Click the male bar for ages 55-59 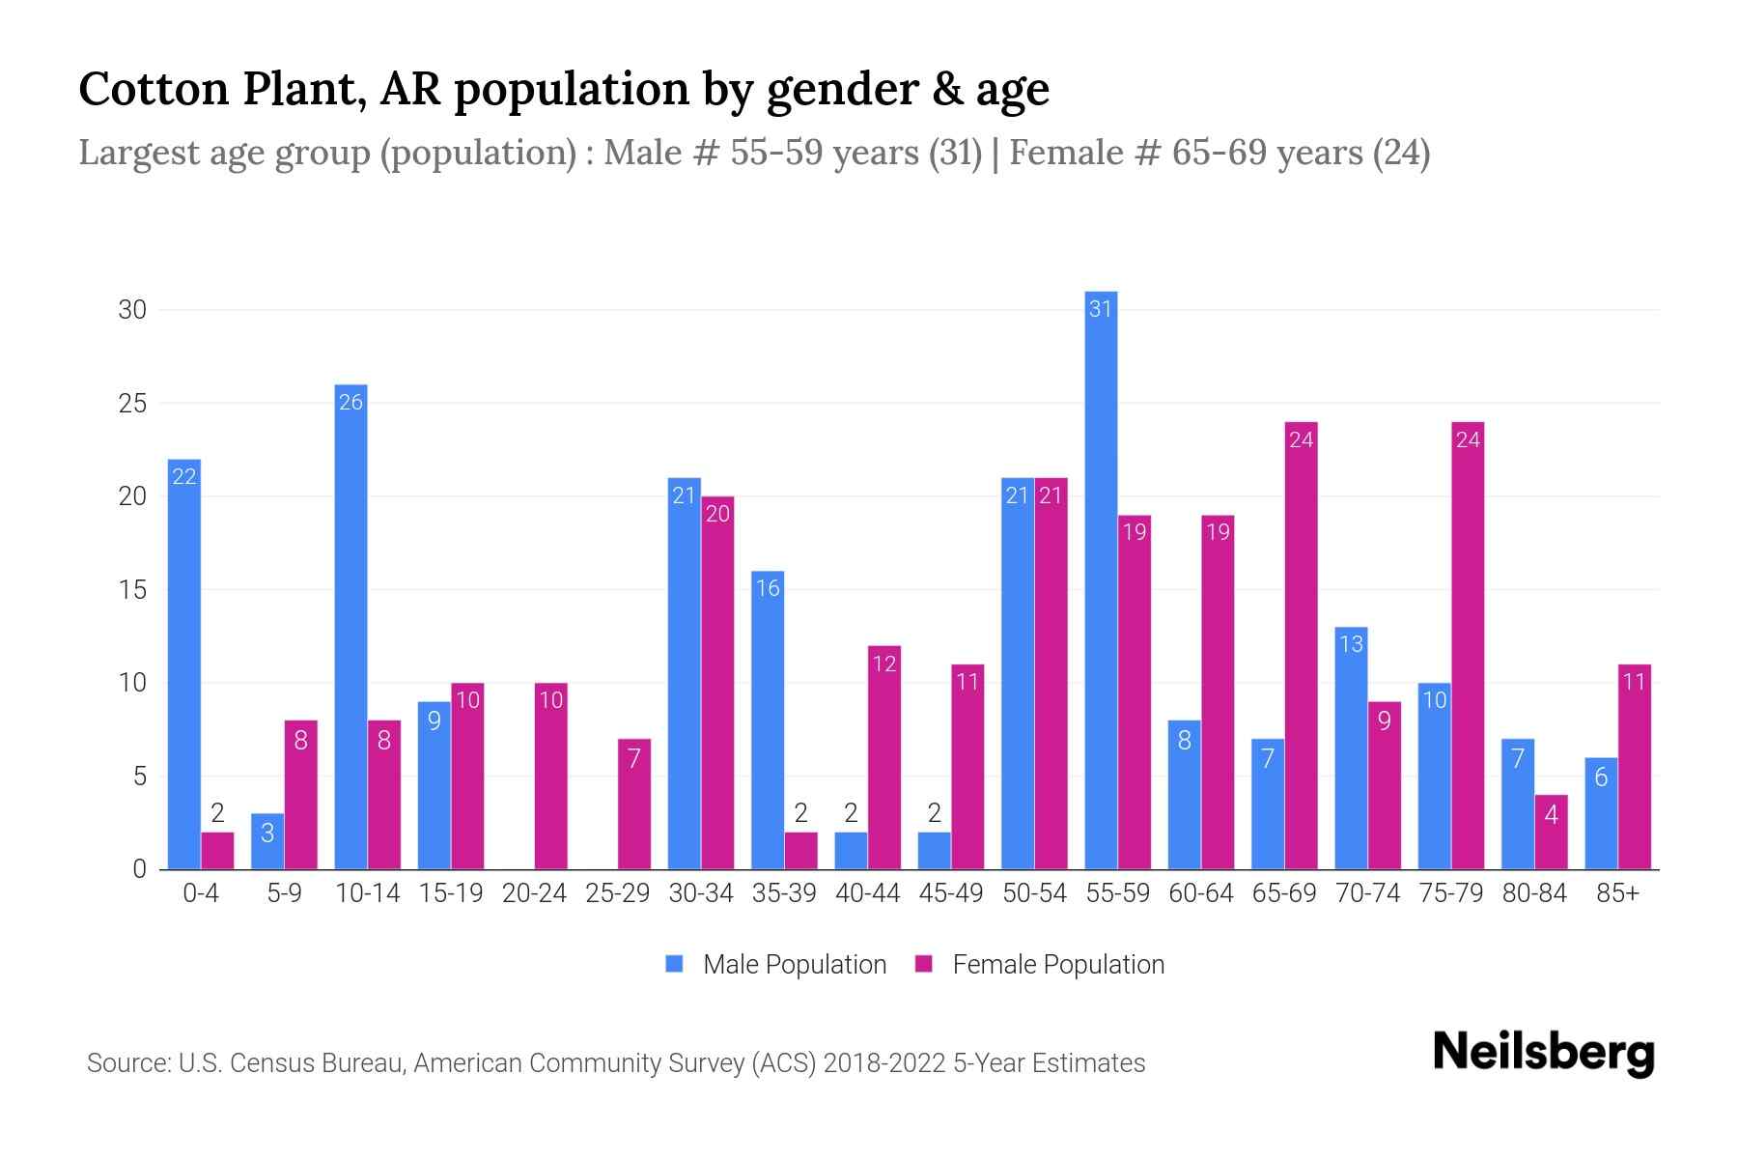click(x=1101, y=579)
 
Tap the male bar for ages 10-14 click(x=350, y=627)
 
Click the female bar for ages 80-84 click(x=1551, y=832)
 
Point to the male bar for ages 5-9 click(x=267, y=841)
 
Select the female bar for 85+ click(x=1634, y=767)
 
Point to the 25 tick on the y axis click(x=132, y=403)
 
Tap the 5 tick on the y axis click(x=139, y=777)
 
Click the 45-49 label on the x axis click(x=950, y=893)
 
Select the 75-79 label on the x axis click(x=1450, y=893)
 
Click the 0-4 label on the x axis click(x=201, y=893)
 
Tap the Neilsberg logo click(x=1543, y=1053)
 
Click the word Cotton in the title click(x=154, y=89)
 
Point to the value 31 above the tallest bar click(x=1101, y=309)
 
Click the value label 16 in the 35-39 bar click(x=768, y=588)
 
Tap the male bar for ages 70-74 click(x=1351, y=749)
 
